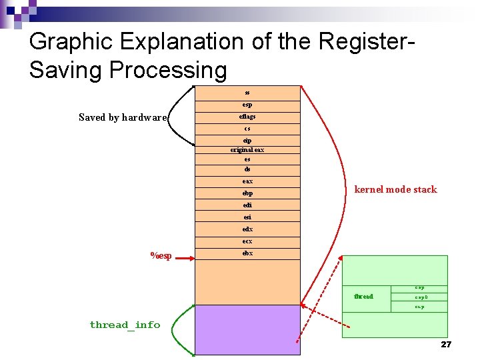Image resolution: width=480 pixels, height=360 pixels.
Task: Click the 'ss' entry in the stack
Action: pyautogui.click(x=247, y=93)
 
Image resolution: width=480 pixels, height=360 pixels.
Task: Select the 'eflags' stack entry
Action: pyautogui.click(x=247, y=117)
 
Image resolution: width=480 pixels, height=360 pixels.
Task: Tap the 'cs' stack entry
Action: pyautogui.click(x=247, y=129)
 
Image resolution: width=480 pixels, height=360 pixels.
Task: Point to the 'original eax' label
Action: pyautogui.click(x=247, y=150)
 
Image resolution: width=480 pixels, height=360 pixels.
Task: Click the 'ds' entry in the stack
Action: pyautogui.click(x=247, y=169)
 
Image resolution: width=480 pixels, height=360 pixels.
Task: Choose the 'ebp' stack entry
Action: pyautogui.click(x=247, y=193)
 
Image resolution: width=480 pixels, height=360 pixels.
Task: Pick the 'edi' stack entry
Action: pyautogui.click(x=247, y=205)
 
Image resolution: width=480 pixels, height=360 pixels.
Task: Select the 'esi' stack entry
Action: pyautogui.click(x=247, y=217)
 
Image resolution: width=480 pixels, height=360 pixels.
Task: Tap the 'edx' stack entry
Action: pyautogui.click(x=247, y=229)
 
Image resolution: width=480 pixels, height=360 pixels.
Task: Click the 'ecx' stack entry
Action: pyautogui.click(x=247, y=241)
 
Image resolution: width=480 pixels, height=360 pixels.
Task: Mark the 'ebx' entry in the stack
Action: pyautogui.click(x=247, y=253)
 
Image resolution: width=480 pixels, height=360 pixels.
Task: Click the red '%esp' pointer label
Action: pyautogui.click(x=161, y=256)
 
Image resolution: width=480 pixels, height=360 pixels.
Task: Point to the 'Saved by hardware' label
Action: pyautogui.click(x=122, y=117)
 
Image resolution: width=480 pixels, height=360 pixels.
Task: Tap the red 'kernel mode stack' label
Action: pyautogui.click(x=395, y=189)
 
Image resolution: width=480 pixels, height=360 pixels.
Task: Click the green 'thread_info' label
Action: pyautogui.click(x=125, y=325)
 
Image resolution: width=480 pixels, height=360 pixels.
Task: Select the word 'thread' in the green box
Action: pyautogui.click(x=363, y=296)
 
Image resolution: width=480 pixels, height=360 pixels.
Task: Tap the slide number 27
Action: pyautogui.click(x=446, y=344)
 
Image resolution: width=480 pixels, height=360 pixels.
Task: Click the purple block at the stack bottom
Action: pyautogui.click(x=247, y=329)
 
